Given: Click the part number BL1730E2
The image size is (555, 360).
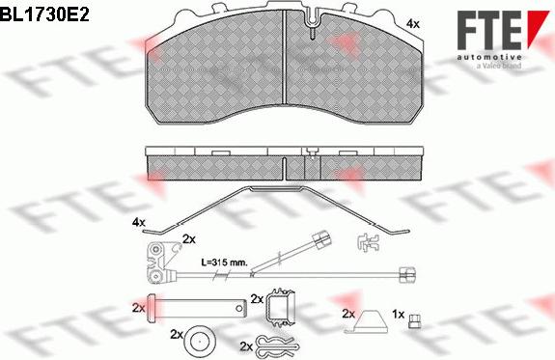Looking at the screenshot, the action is tap(44, 15).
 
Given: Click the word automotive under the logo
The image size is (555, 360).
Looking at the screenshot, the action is tap(489, 57).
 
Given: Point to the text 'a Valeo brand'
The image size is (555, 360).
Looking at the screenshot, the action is tap(499, 66).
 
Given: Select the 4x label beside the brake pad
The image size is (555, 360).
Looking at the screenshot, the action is tap(413, 24).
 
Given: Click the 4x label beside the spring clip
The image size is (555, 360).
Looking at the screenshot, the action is tap(139, 222).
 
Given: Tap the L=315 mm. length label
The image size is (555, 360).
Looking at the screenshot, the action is tap(224, 263).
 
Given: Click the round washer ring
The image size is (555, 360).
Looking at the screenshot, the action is tap(199, 342).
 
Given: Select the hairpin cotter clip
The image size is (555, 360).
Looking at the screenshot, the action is tap(279, 346).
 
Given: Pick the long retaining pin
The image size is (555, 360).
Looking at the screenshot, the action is tap(197, 308).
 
